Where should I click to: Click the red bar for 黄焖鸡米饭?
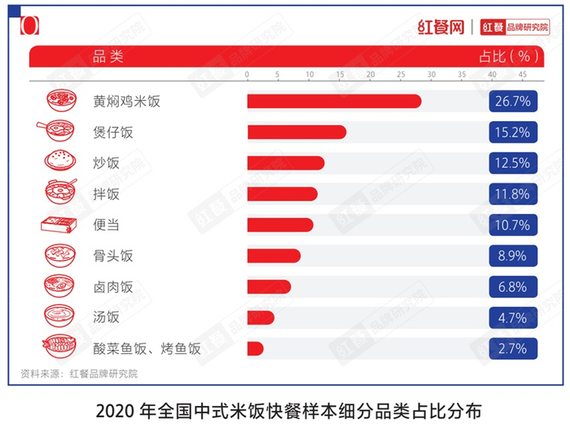pos(334,102)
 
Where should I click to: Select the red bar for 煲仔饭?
pos(296,132)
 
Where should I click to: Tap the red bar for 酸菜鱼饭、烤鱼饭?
pos(256,348)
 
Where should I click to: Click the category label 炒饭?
pos(106,163)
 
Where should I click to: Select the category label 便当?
pos(106,225)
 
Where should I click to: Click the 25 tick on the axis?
pos(401,75)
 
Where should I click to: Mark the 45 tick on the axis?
pos(523,75)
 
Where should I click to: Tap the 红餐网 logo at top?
pos(440,26)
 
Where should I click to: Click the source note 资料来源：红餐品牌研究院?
pos(79,373)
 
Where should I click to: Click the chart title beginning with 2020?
pos(285,408)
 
